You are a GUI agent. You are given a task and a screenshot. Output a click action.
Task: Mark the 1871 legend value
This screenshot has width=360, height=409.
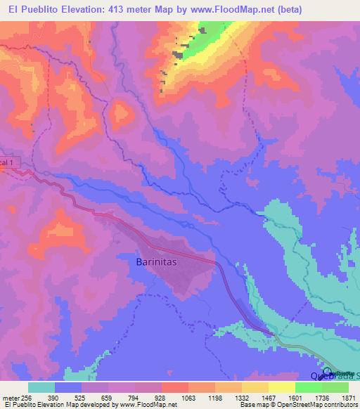point(349,397)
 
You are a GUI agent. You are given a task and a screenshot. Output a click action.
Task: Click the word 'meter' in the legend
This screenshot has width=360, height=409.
point(10,397)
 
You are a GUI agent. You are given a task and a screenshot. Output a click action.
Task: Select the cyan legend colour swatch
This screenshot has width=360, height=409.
point(41,387)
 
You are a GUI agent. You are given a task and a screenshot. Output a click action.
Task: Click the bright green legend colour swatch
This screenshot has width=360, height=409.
point(308,387)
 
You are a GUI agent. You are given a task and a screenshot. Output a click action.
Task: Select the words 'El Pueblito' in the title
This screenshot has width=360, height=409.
point(34,9)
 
